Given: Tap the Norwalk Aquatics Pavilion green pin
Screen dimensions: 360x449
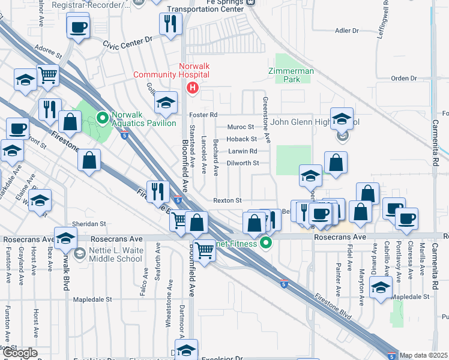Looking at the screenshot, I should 101,117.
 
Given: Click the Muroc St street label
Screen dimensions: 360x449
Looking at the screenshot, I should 241,127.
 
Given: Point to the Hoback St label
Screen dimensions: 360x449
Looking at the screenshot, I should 241,139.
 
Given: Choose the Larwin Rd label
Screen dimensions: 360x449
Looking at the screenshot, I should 242,151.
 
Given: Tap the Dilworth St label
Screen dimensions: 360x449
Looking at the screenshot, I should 243,163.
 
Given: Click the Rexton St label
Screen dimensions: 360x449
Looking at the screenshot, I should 228,200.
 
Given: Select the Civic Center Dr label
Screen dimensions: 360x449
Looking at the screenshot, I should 128,43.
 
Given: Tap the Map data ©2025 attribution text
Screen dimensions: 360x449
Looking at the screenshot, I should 424,355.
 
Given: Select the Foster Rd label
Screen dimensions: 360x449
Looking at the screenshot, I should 202,115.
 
